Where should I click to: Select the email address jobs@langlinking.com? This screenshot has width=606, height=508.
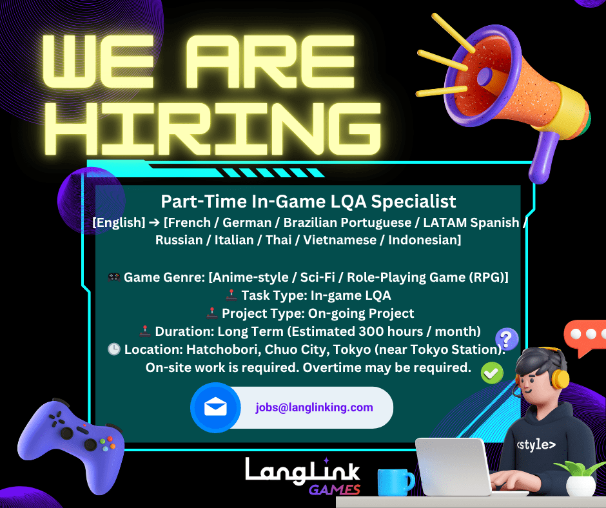coord(314,407)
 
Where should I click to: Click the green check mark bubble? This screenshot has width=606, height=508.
coord(493,372)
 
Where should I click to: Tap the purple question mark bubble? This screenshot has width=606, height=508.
coord(507,338)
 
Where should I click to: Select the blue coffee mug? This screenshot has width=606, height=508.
coord(395,483)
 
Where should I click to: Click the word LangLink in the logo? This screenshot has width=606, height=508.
coord(302,469)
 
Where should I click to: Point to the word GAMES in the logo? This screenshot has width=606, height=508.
coord(334,489)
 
